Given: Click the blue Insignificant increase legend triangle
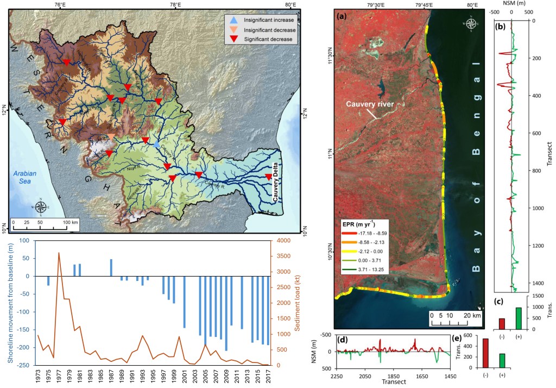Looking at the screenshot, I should (233, 20).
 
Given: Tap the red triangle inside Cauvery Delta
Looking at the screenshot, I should (268, 177).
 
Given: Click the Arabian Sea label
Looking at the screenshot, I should (25, 178).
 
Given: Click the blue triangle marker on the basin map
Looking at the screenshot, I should (157, 145).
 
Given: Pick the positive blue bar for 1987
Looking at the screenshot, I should (111, 267).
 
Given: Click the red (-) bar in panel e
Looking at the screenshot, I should (486, 354).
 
